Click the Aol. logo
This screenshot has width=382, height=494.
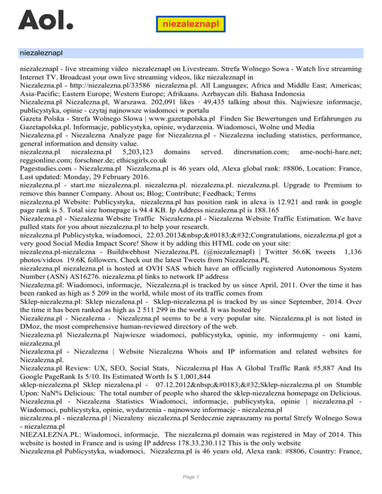45,20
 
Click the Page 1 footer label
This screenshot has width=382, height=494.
191,478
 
